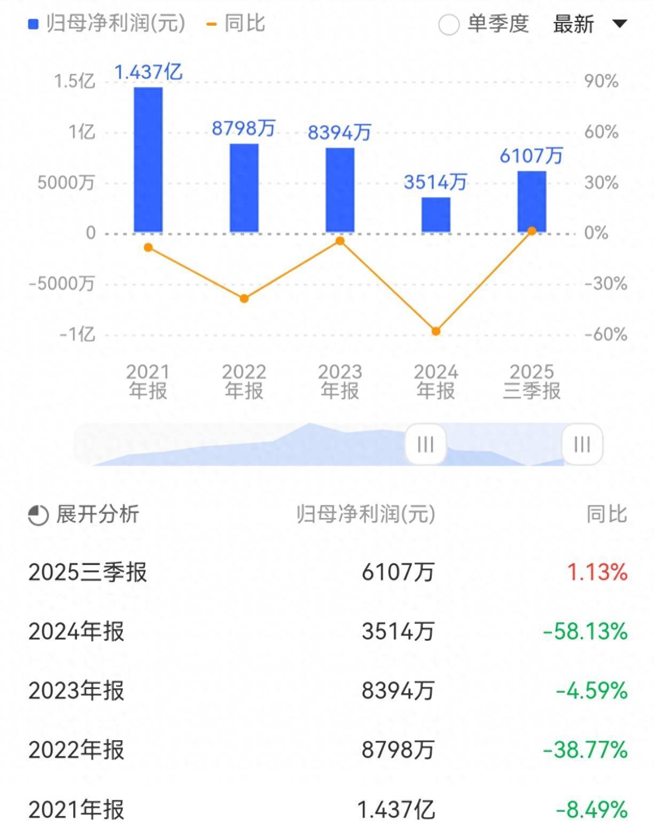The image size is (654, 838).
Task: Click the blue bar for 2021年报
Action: point(148,160)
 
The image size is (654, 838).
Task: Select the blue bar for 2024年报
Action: point(435,215)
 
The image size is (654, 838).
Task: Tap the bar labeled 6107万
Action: point(532,201)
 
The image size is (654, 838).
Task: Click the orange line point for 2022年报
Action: point(244,298)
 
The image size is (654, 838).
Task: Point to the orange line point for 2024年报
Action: point(435,331)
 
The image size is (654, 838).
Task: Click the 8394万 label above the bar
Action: point(339,132)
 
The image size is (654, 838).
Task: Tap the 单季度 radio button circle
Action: point(448,25)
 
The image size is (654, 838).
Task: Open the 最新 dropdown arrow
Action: point(619,24)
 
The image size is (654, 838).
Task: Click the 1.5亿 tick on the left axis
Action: point(74,81)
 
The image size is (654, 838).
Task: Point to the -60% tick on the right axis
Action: point(605,335)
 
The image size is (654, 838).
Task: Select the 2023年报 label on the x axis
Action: point(340,381)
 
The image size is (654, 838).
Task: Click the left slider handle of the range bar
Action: point(425,444)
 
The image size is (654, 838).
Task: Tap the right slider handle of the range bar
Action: point(582,444)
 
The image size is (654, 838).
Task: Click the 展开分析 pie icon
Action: point(38,515)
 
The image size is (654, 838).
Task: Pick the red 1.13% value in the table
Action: point(597,572)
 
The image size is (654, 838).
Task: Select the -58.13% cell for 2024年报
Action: point(585,632)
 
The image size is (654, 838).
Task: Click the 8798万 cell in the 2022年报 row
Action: point(398,750)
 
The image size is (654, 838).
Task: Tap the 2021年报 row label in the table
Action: point(76,810)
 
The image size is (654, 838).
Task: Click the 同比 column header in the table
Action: point(606,514)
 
